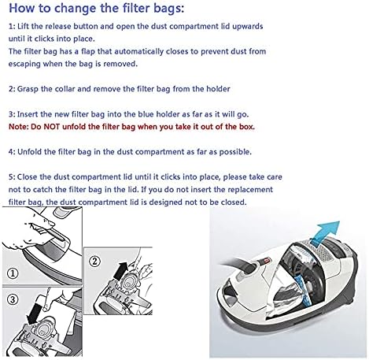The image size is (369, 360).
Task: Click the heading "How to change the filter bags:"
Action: coord(97,9)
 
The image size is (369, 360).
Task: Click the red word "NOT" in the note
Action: coord(52,127)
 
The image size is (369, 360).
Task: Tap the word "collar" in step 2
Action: coord(65,89)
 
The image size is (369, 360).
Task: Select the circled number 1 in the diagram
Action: coord(13,273)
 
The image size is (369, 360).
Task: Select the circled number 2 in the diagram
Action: coord(94,262)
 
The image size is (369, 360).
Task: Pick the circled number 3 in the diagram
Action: coord(13,299)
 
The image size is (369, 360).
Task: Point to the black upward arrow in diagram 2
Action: coord(121,270)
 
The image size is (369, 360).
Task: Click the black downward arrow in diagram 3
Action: coord(35,314)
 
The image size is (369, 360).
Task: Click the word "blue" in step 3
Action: coord(146,114)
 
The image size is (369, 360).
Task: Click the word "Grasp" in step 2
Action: coord(28,89)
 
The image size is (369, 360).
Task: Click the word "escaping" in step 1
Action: coord(24,65)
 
